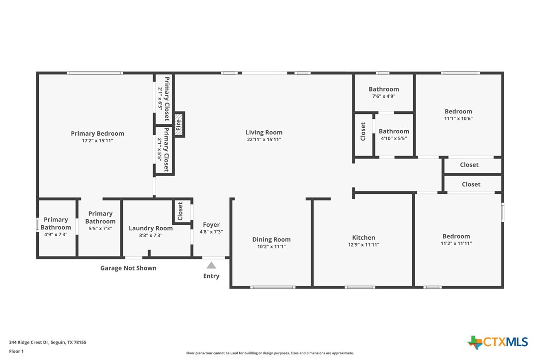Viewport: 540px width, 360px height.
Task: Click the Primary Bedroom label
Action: [x=97, y=133]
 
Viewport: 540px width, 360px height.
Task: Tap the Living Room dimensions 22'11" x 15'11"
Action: [x=264, y=140]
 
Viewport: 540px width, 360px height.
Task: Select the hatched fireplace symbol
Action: [x=179, y=124]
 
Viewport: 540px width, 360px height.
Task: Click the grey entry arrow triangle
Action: [x=211, y=265]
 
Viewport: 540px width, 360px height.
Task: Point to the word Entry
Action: [x=211, y=276]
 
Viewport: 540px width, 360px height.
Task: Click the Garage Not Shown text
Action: [x=128, y=268]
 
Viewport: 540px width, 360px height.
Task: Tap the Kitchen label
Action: [x=363, y=238]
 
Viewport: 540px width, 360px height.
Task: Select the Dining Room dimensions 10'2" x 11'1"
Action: [x=271, y=246]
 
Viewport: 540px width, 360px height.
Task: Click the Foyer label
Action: [x=211, y=225]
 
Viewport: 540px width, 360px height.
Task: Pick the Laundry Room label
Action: [x=151, y=228]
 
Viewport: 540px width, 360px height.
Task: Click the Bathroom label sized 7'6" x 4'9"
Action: [x=383, y=90]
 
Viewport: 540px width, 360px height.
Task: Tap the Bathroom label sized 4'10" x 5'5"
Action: [x=394, y=132]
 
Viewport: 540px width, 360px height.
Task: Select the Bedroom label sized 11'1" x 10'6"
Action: [x=458, y=112]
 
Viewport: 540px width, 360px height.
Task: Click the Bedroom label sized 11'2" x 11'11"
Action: [x=456, y=237]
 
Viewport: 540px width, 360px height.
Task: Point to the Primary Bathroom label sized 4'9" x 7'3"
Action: [x=56, y=223]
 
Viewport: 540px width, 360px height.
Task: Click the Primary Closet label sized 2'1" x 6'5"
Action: [x=167, y=98]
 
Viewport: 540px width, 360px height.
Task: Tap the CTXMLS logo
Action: [x=498, y=342]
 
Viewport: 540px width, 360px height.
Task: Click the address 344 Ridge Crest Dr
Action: [x=48, y=342]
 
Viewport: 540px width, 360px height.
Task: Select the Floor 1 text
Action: [x=16, y=351]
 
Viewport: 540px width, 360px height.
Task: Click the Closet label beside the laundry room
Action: [x=180, y=211]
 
